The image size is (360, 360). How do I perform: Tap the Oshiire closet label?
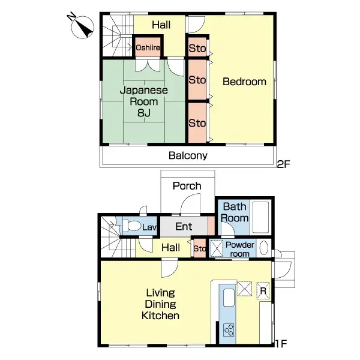(x=147, y=47)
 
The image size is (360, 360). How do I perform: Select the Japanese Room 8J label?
(x=143, y=101)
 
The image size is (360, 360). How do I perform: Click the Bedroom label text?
(x=244, y=82)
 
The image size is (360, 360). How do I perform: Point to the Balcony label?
(x=188, y=156)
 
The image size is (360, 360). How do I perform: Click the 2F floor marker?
(x=283, y=163)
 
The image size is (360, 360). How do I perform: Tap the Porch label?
(x=187, y=185)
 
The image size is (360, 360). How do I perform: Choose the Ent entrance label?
(x=184, y=227)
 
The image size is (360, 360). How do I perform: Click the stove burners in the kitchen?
(x=229, y=329)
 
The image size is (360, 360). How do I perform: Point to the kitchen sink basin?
(x=229, y=298)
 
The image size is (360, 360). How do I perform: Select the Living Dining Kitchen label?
(x=160, y=304)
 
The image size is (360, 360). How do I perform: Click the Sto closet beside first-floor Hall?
(x=199, y=248)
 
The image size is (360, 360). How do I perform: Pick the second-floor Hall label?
(x=160, y=25)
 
